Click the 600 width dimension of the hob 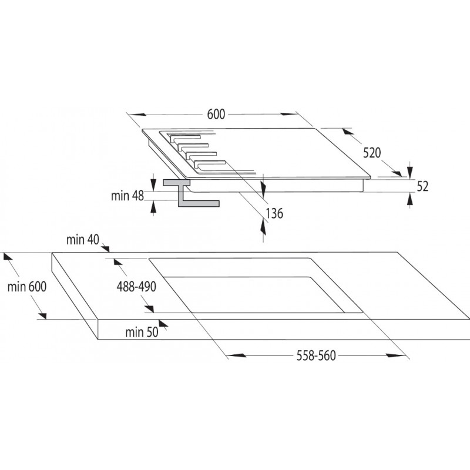[216, 114]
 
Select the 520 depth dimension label [372, 153]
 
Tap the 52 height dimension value [422, 186]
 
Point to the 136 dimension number [274, 213]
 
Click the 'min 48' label [127, 196]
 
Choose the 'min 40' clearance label [83, 240]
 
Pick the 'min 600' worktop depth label [27, 287]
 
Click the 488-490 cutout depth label [136, 287]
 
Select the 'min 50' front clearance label [142, 332]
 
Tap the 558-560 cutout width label [316, 356]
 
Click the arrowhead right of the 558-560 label [395, 355]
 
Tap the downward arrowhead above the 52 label [409, 172]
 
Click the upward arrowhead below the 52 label [409, 199]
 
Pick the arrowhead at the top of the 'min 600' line [8, 258]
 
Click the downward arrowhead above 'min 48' [153, 184]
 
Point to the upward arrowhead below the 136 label [263, 226]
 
